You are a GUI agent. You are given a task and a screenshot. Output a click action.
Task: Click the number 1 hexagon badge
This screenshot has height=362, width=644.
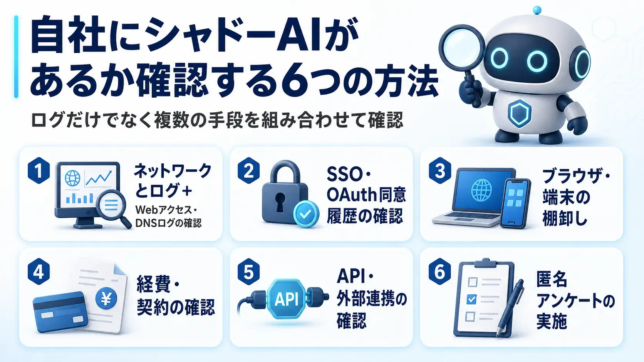pos(39,170)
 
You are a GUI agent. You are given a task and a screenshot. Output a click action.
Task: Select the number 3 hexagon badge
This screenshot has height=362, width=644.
pos(440,170)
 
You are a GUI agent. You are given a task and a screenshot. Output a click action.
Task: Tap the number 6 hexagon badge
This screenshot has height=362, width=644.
pos(440,271)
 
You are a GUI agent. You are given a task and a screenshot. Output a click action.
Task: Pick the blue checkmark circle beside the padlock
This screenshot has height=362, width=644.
pos(306,214)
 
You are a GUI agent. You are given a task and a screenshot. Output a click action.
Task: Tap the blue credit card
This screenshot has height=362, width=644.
pos(60,312)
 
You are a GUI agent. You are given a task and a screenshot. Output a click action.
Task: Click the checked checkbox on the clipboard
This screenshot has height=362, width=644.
pos(471,299)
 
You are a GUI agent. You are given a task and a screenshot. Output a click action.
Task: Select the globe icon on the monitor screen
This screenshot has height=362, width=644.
pos(72,178)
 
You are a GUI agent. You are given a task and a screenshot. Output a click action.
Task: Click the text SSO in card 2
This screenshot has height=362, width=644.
pos(344,174)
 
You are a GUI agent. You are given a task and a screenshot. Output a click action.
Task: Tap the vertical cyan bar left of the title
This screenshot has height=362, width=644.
pos(16,57)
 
